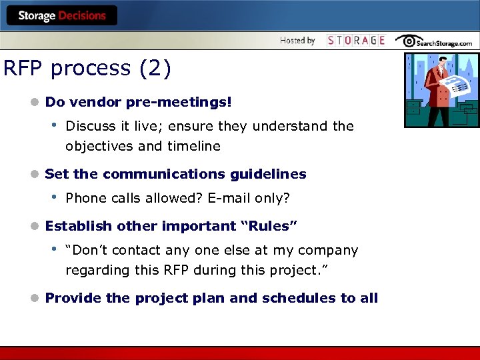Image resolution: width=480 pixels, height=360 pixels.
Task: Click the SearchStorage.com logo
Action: point(434,41)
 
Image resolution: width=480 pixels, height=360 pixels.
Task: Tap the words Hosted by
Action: point(297,41)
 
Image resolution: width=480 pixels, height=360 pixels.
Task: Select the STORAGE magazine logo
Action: point(356,41)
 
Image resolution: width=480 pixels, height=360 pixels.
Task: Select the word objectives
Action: point(98,146)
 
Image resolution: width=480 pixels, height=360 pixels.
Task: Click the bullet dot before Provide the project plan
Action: point(35,298)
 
